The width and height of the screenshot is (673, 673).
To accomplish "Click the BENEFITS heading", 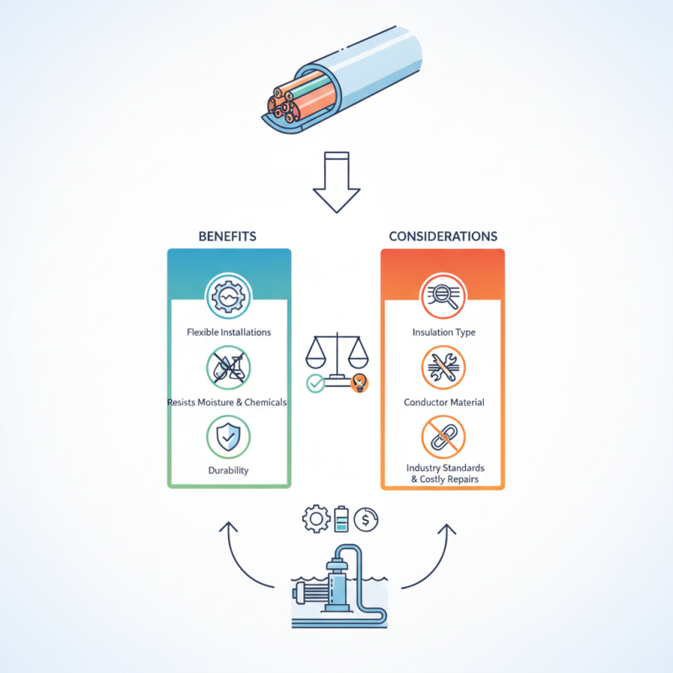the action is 227,236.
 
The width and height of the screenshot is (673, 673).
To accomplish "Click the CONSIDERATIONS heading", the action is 443,236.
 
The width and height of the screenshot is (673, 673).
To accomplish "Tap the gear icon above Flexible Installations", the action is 228,296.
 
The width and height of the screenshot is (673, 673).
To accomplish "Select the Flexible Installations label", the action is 229,332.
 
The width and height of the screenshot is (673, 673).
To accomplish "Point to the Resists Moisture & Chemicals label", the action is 227,402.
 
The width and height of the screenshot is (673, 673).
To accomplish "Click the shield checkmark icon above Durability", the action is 228,437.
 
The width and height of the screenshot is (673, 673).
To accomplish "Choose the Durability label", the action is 228,470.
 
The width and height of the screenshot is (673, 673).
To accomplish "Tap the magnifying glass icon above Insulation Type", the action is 443,296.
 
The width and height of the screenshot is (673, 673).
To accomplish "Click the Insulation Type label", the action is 444,332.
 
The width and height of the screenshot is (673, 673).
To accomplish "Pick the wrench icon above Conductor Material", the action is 444,368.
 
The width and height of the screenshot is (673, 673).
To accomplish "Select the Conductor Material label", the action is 444,402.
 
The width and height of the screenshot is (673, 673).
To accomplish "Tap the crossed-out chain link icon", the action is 444,437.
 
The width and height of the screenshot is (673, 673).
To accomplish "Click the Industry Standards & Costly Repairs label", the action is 445,474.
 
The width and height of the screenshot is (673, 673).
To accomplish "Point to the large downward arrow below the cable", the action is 336,182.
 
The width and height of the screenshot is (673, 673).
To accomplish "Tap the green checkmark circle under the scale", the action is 315,384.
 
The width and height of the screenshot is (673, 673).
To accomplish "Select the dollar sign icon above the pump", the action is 366,520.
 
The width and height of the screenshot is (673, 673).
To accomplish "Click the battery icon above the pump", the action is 342,519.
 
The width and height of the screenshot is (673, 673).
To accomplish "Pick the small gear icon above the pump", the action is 316,519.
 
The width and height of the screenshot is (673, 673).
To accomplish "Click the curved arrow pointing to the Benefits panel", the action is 238,564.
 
